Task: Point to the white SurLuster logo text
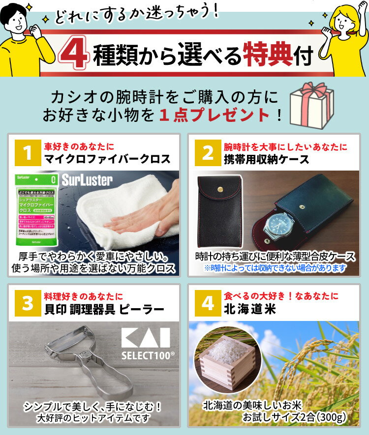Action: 88,180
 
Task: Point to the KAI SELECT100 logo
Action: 145,342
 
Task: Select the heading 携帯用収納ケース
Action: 267,160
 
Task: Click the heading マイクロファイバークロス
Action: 107,160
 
